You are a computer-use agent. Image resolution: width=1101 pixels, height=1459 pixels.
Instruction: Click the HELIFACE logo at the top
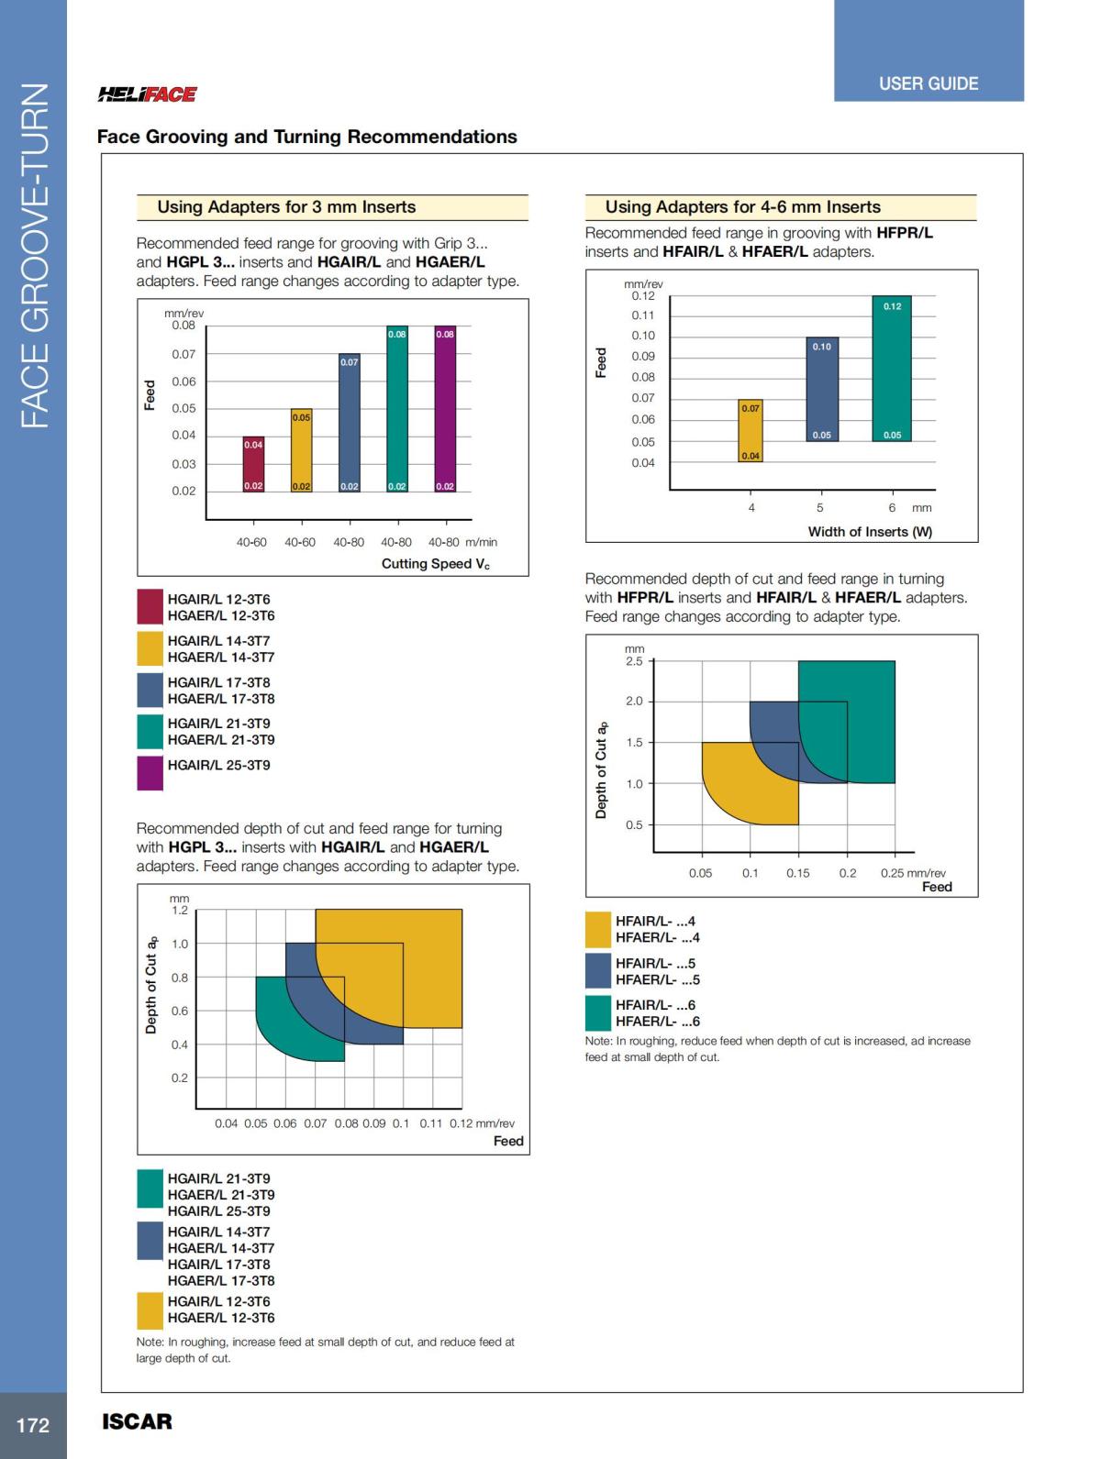pos(147,94)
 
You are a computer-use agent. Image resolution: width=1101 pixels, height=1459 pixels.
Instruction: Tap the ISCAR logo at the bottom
pos(137,1421)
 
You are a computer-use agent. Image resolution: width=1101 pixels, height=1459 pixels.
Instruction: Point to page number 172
pos(33,1425)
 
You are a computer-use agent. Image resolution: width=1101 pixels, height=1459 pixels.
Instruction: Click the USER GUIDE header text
pos(929,83)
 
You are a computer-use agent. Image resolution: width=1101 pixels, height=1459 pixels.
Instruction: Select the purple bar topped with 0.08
pos(445,409)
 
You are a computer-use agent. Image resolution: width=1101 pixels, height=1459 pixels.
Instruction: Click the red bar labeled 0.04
pos(253,464)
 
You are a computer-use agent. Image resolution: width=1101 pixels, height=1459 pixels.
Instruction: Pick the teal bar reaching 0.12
pos(892,369)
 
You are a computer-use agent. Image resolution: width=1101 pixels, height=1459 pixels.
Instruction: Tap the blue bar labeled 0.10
pos(822,389)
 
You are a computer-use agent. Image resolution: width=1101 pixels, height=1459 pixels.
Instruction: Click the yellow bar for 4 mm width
pos(751,430)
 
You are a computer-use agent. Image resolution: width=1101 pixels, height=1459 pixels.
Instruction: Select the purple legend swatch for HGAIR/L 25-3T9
pos(150,772)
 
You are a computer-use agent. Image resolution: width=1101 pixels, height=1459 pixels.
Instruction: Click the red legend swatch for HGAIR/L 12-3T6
pos(150,607)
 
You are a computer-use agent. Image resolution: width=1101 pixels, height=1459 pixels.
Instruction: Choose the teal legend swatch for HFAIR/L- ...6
pos(598,1012)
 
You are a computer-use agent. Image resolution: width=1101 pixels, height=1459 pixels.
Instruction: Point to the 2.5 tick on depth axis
pos(634,661)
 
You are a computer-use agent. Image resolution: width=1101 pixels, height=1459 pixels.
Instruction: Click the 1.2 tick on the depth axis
pos(180,911)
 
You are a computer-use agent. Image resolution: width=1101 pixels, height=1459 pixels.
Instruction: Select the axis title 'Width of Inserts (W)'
pos(870,532)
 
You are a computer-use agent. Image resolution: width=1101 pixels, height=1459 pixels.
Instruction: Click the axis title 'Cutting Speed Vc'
pos(436,564)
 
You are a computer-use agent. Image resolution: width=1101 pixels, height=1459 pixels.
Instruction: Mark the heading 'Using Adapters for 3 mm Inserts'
pos(286,207)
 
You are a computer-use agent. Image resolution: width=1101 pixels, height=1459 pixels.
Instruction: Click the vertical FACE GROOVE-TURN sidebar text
pos(34,257)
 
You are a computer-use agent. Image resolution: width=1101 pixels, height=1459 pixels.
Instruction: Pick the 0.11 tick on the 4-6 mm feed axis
pos(642,315)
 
